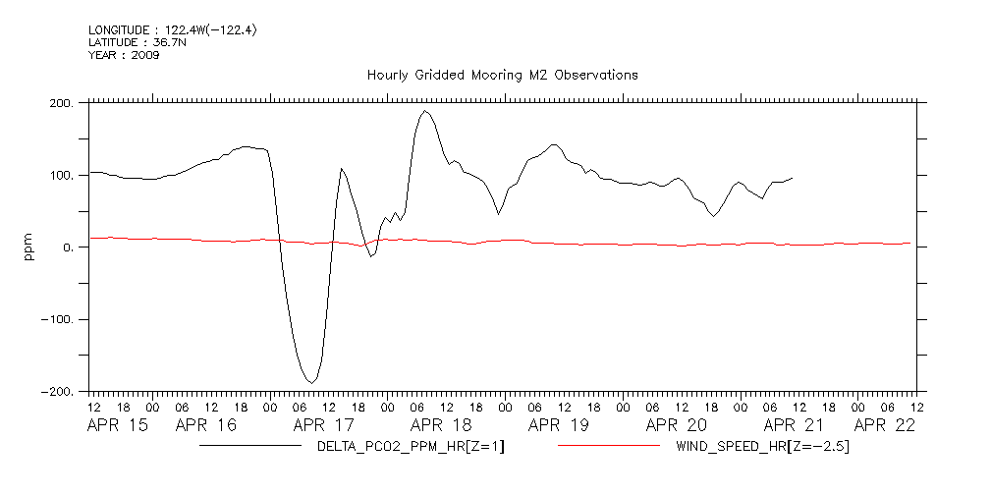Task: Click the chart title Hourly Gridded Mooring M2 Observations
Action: pos(502,75)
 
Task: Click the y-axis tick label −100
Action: pos(57,320)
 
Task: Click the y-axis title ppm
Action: pos(29,247)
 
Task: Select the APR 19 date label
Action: pos(559,425)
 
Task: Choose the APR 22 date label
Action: pos(885,425)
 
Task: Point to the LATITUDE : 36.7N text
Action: pos(138,43)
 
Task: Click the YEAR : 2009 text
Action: pos(124,55)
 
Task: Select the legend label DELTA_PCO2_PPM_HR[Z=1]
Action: pos(411,447)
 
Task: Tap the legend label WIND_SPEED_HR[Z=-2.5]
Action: pos(762,447)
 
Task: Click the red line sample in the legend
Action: pos(609,447)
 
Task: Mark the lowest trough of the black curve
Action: pos(310,382)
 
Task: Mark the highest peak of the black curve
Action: pos(424,110)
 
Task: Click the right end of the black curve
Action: pos(793,178)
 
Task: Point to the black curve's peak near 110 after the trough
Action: pos(342,168)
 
